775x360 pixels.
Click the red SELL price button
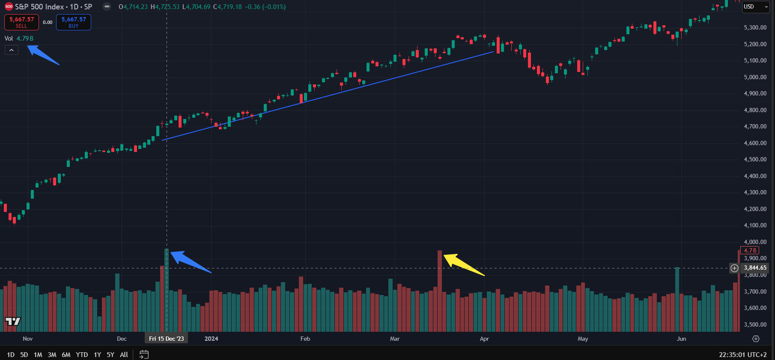[x=21, y=22]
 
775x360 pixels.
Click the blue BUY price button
[x=74, y=22]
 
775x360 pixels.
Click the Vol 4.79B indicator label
[x=19, y=39]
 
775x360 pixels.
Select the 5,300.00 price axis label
[x=755, y=27]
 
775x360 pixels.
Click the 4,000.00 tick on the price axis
[x=755, y=242]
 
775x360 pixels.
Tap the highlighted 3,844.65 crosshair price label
[x=755, y=268]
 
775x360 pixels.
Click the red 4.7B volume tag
[x=750, y=250]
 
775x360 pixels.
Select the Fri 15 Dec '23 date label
[x=166, y=339]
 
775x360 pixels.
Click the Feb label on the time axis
[x=305, y=339]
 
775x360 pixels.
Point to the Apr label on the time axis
[x=484, y=339]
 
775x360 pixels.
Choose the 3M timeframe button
[x=52, y=354]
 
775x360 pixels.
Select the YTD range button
[x=82, y=354]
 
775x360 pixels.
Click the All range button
[x=124, y=354]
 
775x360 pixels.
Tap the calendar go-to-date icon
[x=144, y=354]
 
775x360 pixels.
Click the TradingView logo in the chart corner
[x=12, y=321]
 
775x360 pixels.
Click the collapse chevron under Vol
[x=12, y=50]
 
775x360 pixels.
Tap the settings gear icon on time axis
[x=756, y=339]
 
